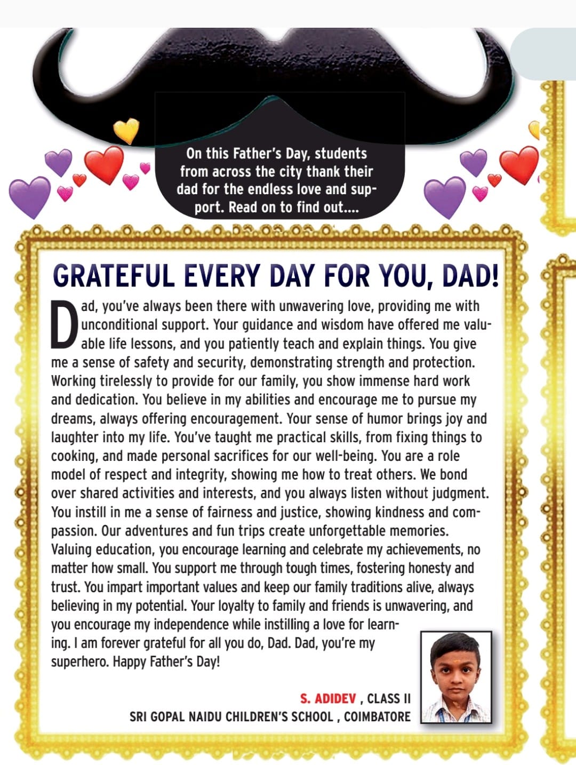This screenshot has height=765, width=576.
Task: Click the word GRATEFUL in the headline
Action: tap(114, 276)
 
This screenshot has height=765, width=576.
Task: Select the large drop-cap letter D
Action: tap(64, 324)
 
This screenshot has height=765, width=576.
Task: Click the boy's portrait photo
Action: tap(456, 677)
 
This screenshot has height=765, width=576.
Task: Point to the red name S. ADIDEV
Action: tap(327, 699)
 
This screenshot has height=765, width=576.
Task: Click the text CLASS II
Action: tap(389, 699)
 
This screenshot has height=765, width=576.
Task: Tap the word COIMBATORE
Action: tap(377, 716)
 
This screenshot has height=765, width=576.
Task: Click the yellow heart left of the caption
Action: tap(126, 130)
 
